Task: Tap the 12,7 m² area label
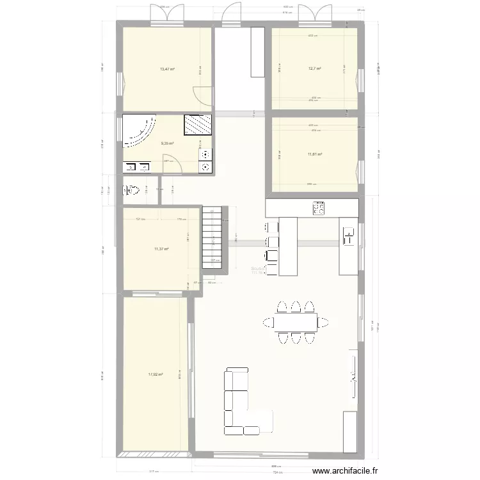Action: point(314,69)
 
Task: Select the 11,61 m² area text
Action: point(314,154)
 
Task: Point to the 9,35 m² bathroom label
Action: point(167,143)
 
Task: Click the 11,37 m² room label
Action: point(161,248)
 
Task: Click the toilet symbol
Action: point(132,190)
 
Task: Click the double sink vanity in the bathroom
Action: point(136,168)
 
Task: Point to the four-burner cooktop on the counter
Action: point(318,208)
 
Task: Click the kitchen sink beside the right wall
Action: point(349,236)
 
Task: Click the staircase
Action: point(212,237)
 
